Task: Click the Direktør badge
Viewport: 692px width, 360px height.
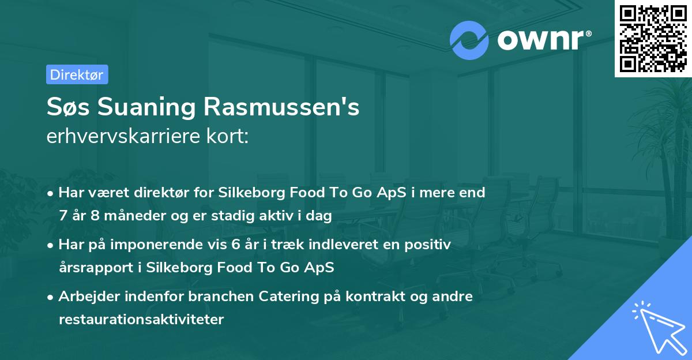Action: tap(77, 74)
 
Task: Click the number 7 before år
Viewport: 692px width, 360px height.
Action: tap(62, 216)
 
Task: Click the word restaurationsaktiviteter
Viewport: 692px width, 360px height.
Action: tap(141, 319)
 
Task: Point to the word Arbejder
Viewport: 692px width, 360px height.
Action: tap(87, 297)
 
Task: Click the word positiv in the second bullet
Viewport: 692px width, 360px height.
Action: tap(430, 245)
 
